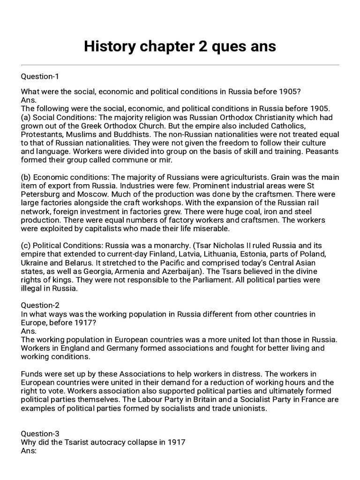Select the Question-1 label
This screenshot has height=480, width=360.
[x=40, y=76]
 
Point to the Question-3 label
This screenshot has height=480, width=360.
[x=40, y=434]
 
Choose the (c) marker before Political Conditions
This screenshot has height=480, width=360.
[x=26, y=246]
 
